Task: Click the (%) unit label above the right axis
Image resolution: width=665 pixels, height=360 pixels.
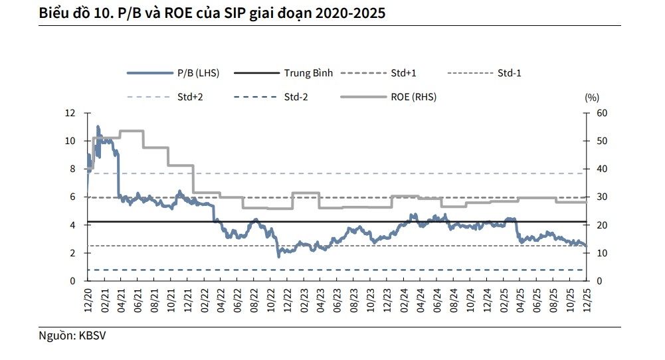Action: click(591, 97)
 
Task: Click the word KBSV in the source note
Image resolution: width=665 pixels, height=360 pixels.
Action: click(92, 336)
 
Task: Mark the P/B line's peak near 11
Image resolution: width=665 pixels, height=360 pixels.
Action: click(98, 126)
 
